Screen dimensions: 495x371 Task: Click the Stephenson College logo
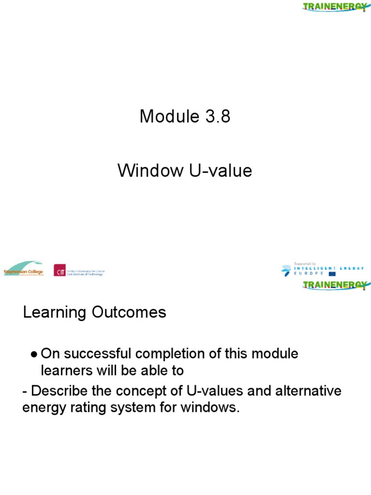[23, 269]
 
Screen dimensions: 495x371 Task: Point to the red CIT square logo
[60, 270]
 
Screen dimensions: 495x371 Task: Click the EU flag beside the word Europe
[332, 274]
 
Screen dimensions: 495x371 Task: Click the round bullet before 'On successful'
[34, 354]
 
